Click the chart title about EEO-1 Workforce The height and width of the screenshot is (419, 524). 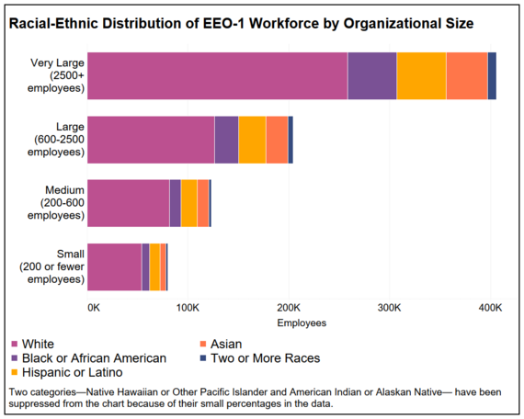click(x=241, y=23)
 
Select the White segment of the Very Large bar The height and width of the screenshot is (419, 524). click(x=218, y=76)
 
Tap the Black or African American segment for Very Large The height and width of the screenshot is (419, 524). click(x=371, y=76)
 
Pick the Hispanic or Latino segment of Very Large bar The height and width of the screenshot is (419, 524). click(x=421, y=76)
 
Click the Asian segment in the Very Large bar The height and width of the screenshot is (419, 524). click(x=466, y=76)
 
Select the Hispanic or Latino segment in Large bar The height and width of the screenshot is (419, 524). click(x=252, y=140)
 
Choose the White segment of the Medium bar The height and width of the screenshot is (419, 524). click(x=129, y=202)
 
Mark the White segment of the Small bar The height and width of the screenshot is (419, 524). click(x=115, y=266)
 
